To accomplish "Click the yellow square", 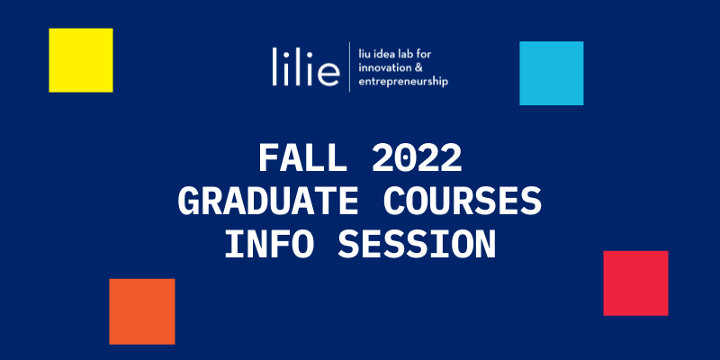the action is point(81,60).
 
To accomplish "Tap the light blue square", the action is point(552,74).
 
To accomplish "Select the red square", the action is point(635,283).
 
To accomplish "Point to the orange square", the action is point(142,311).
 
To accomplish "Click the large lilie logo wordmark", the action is point(306,67).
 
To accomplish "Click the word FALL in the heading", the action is point(302,158).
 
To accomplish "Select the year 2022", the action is point(417,158).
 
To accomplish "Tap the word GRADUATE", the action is point(268,202).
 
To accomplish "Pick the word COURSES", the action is point(463,202).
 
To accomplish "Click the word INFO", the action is point(269,245).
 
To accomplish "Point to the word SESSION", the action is point(417,245).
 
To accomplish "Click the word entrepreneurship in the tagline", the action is point(403,82).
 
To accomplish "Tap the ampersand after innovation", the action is point(418,68).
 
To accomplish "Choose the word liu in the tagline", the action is point(364,54).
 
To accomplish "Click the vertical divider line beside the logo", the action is point(349,67).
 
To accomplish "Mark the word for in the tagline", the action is point(424,54).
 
